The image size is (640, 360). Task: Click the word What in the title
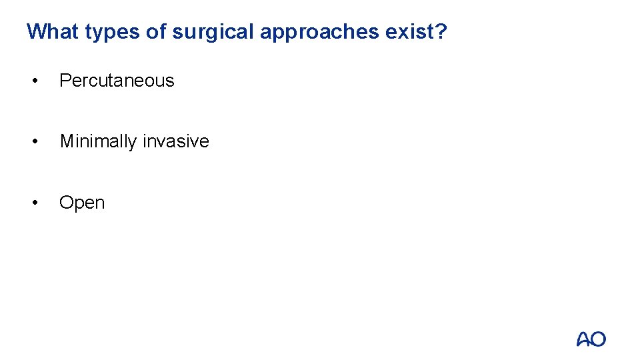pos(53,31)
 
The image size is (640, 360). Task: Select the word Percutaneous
pos(117,81)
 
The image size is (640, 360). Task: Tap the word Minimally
pos(99,141)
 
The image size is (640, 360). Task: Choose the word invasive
pos(176,141)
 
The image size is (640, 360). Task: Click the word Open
pos(82,203)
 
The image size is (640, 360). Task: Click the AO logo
pos(591,339)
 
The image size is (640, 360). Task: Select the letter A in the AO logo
pos(583,339)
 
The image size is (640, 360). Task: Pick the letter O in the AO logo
pos(599,339)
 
